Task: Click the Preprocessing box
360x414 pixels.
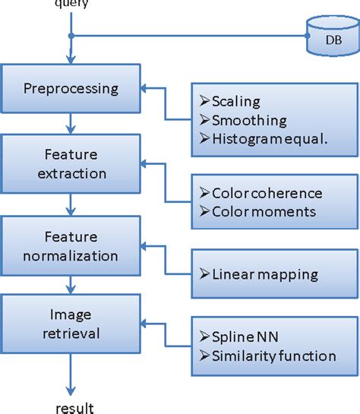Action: coord(71,88)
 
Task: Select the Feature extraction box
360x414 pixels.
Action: coord(71,165)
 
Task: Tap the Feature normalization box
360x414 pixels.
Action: coord(71,247)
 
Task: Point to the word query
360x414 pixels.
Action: coord(71,5)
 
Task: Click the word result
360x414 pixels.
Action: coord(74,408)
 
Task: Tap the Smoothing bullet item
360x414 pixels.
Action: coord(244,120)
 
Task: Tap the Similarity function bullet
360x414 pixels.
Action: coord(270,356)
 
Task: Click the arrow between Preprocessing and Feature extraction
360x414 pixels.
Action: coord(71,123)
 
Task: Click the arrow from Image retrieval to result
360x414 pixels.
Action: coord(71,372)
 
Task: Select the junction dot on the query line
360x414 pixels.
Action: coord(71,36)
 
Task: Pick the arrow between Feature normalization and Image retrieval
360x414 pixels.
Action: coord(71,286)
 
